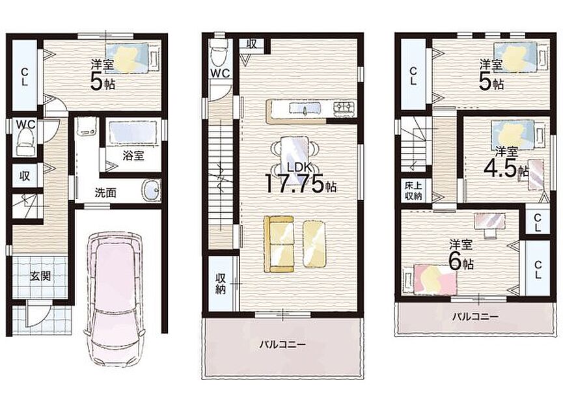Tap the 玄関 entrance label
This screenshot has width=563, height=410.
(40, 276)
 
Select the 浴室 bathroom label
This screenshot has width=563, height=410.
(133, 156)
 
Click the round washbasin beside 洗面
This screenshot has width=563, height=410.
(152, 190)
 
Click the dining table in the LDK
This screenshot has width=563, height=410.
(294, 154)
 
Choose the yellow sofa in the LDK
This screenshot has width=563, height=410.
(279, 244)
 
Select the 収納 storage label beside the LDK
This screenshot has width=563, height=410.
(220, 284)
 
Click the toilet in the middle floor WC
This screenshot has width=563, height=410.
(219, 53)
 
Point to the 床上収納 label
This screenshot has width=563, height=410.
(413, 191)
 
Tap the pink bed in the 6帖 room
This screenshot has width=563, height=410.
(431, 279)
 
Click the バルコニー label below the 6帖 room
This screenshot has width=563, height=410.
(475, 317)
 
